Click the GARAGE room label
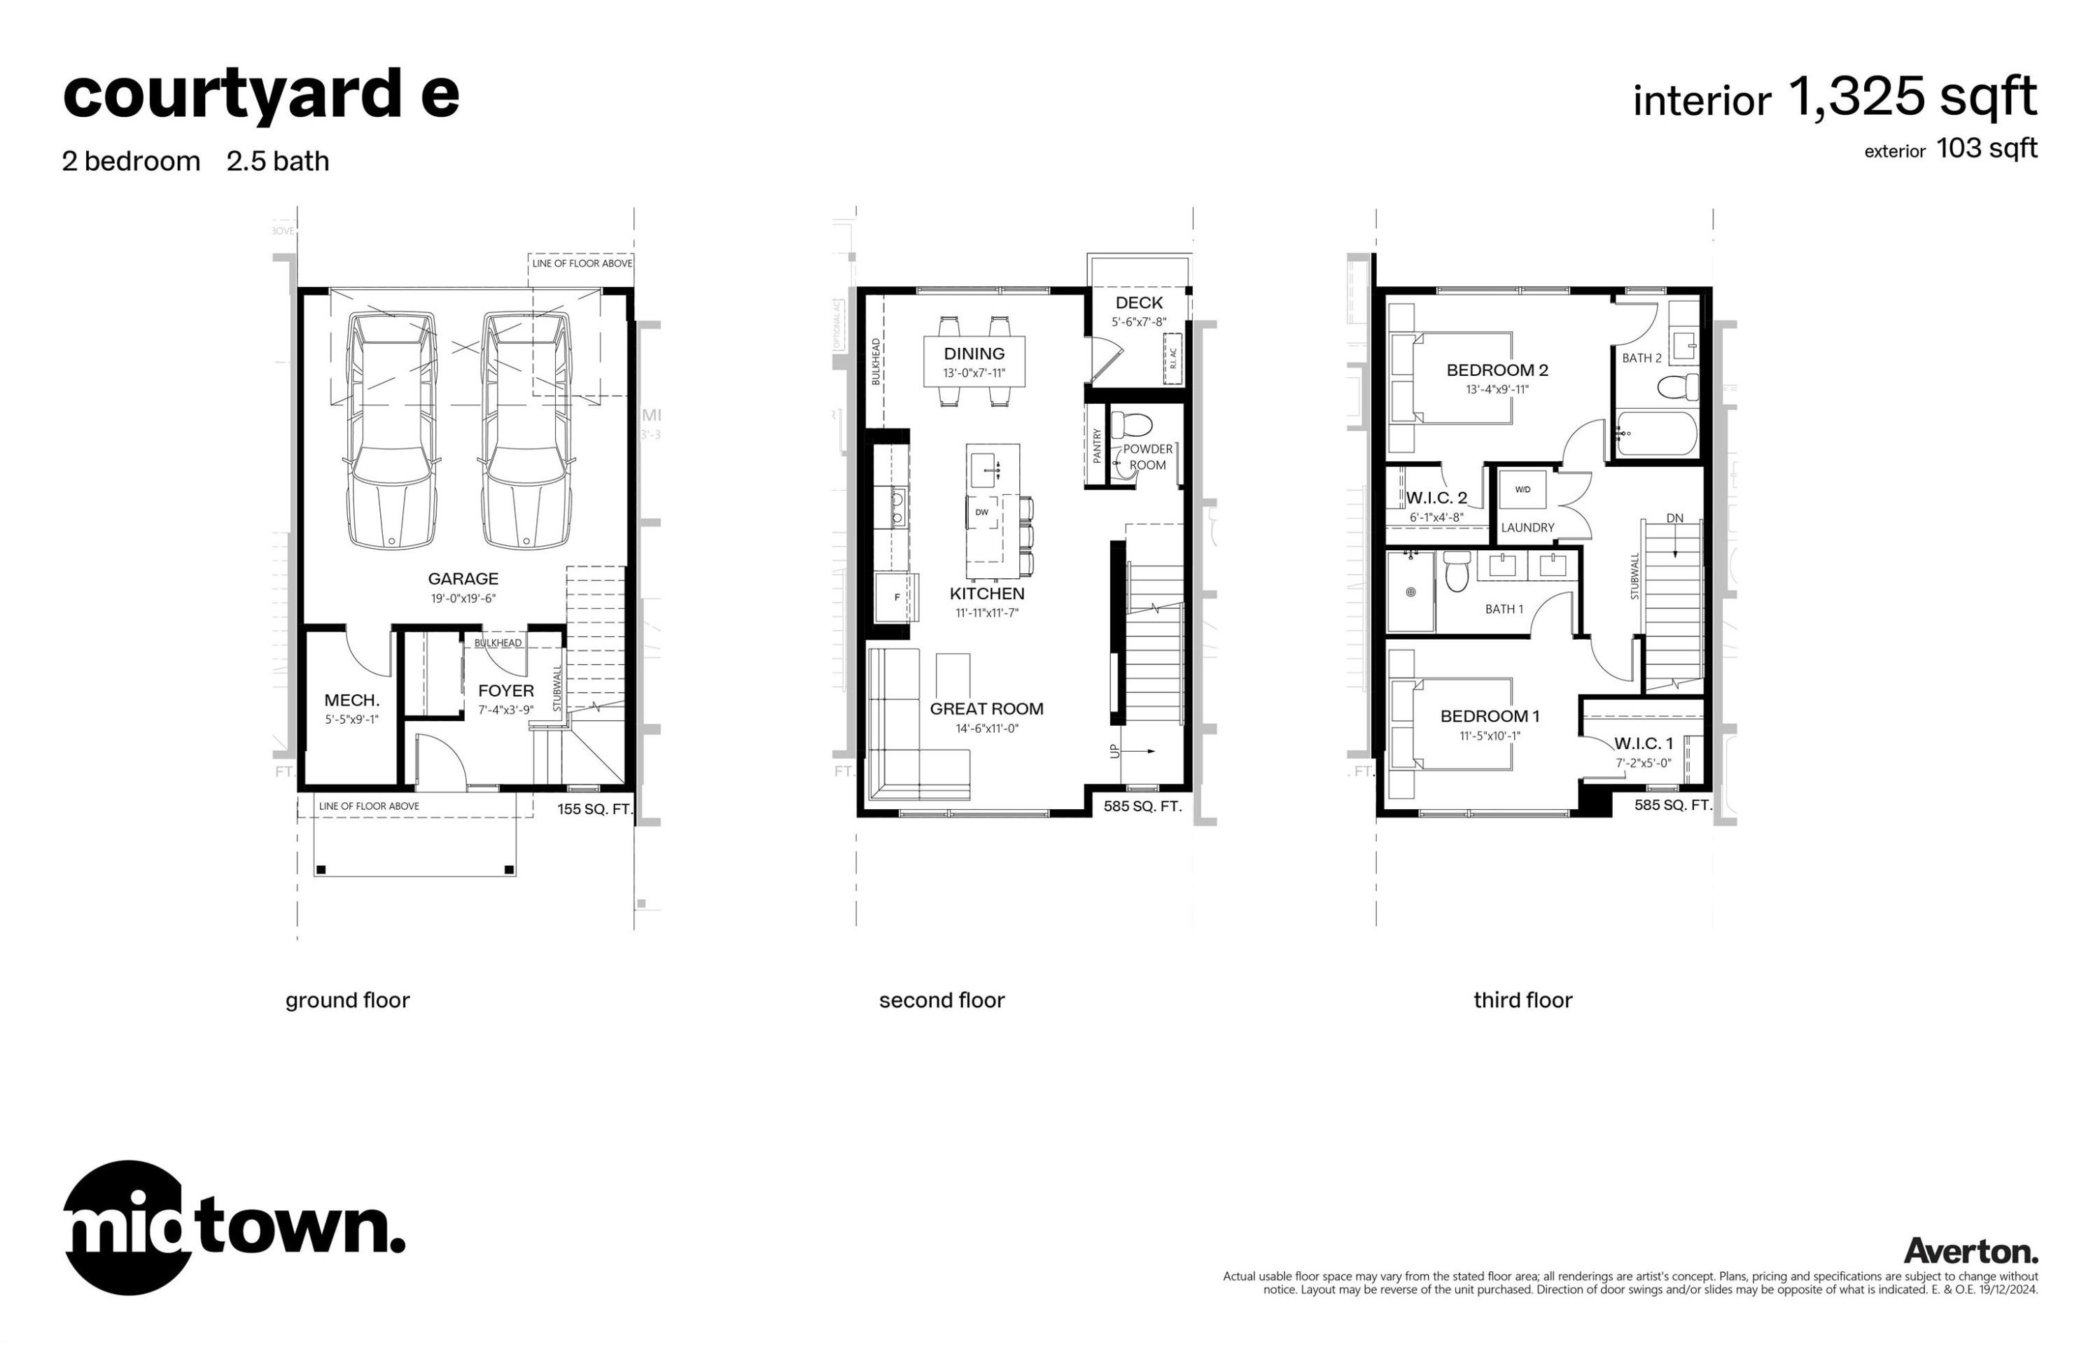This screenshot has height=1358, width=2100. click(x=462, y=578)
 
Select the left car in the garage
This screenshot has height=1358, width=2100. click(x=391, y=430)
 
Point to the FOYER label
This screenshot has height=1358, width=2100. click(x=505, y=690)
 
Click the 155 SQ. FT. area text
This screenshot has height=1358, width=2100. click(x=594, y=808)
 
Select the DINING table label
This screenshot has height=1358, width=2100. click(x=973, y=353)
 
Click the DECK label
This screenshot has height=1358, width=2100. click(x=1138, y=302)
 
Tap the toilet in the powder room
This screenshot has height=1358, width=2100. click(x=1130, y=426)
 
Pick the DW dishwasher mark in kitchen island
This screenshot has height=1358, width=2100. click(x=981, y=512)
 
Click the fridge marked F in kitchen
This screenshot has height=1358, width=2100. click(x=897, y=597)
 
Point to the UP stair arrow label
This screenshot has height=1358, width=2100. click(x=1114, y=751)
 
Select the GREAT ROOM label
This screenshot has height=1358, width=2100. click(x=986, y=709)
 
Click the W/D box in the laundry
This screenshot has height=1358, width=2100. click(x=1522, y=489)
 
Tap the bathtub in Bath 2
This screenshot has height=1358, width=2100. click(x=1655, y=434)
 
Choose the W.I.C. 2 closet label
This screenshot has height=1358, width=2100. click(x=1436, y=497)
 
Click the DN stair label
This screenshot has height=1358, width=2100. click(x=1674, y=519)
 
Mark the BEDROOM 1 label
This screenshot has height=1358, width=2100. click(x=1489, y=716)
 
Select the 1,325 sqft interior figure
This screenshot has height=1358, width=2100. click(x=1911, y=97)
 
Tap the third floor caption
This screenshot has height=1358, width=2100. click(x=1522, y=1000)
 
